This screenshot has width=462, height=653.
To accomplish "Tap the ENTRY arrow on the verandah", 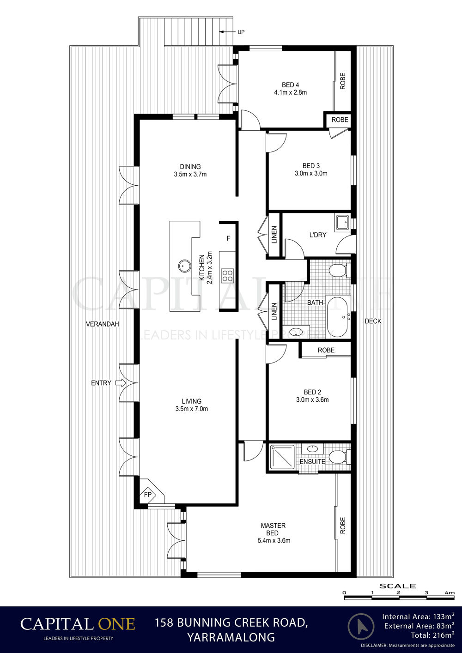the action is pos(121,383).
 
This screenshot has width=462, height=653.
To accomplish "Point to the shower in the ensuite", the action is pos(282,457).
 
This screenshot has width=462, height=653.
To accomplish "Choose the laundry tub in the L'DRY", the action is pos(343,223).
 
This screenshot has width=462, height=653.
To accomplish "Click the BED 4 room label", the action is pos(290,85).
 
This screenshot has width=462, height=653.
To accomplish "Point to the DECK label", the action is pos(373,321).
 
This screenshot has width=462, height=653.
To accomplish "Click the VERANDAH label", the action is pos(103,324).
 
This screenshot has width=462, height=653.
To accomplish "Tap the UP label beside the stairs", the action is pos(241,32).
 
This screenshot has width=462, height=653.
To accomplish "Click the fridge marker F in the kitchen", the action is pos(228,238).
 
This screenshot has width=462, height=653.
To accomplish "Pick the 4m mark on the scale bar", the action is pos(450,593).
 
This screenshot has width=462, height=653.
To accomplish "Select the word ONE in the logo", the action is pos(116,623).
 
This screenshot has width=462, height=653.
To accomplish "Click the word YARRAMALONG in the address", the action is pos(231,637).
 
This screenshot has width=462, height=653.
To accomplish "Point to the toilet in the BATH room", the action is pos(340,270).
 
